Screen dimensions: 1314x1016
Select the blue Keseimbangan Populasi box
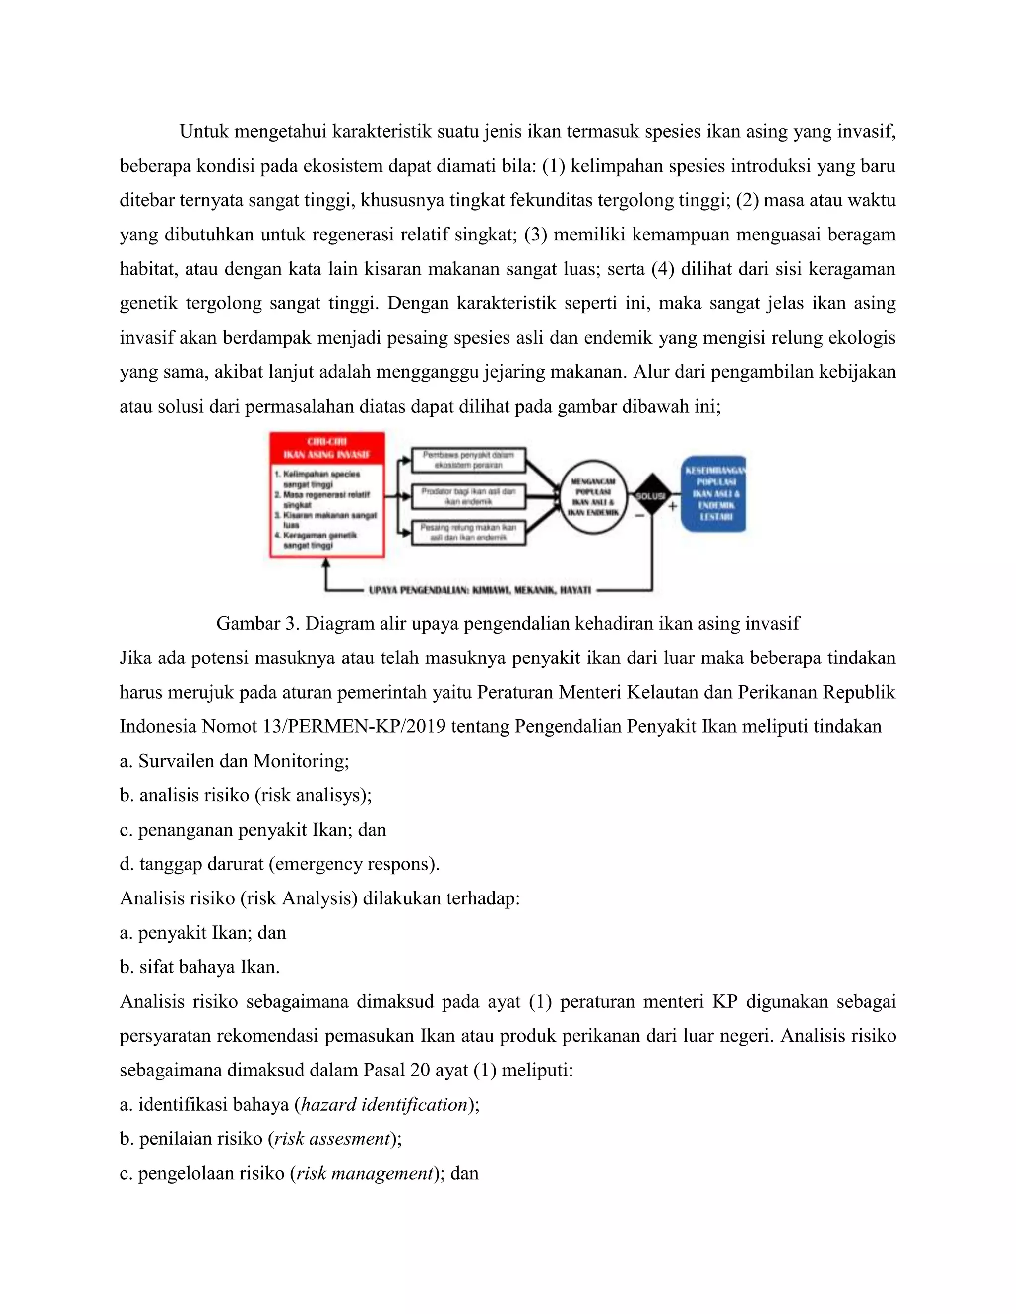[x=714, y=493]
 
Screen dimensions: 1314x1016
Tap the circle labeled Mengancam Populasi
[x=593, y=496]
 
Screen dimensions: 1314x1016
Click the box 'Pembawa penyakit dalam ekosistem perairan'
[x=469, y=460]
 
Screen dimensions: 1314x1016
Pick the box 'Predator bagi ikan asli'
[x=469, y=496]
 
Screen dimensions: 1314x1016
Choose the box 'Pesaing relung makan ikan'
[x=469, y=533]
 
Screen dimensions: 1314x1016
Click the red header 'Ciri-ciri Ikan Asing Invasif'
[x=327, y=448]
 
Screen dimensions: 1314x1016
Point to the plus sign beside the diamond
[x=672, y=506]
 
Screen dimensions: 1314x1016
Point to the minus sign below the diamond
[x=639, y=516]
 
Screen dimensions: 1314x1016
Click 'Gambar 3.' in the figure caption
[x=257, y=623]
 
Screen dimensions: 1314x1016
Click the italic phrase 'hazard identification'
[x=384, y=1105]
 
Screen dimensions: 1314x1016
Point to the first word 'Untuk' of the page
[x=204, y=131]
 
